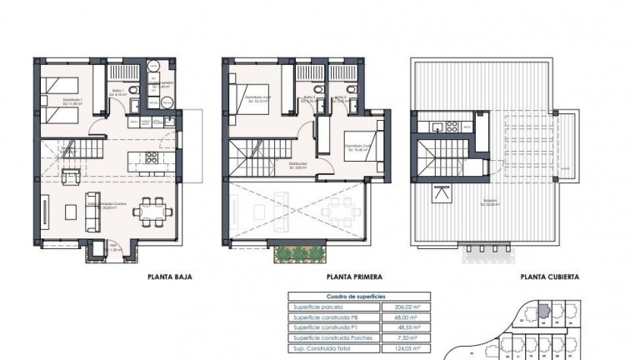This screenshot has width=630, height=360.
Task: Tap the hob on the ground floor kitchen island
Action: pos(151,157)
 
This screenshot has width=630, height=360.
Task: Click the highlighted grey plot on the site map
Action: pos(542,311)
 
